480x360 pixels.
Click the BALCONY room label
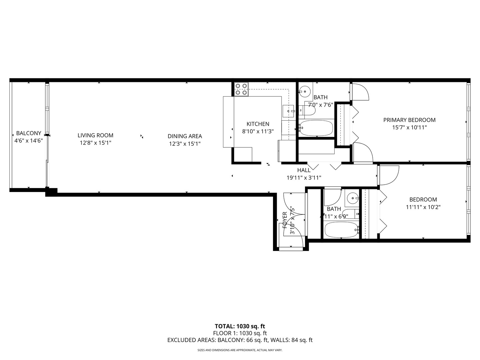tap(28, 133)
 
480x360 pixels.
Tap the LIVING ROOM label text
tap(95, 135)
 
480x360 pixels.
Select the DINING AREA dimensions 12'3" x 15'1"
tap(185, 144)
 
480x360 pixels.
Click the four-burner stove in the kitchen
tap(241, 89)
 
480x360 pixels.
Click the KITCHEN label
tap(258, 124)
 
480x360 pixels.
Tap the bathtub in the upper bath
tap(316, 128)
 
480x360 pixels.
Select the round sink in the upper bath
tap(304, 90)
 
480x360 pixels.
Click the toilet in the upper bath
tap(307, 110)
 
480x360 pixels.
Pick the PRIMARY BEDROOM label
tap(409, 120)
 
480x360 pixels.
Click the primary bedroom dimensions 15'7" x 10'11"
tap(409, 127)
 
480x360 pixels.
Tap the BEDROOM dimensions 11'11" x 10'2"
tap(423, 207)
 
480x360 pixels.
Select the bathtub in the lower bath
tap(341, 230)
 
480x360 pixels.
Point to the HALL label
tap(304, 170)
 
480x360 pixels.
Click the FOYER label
tap(285, 220)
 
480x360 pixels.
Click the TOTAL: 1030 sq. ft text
tap(240, 326)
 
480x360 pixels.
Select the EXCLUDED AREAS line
tap(240, 340)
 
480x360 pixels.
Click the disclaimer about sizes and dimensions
tap(240, 350)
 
